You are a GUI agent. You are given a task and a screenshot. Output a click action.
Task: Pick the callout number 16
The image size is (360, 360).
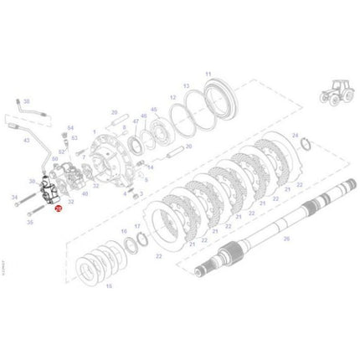point(124,228)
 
